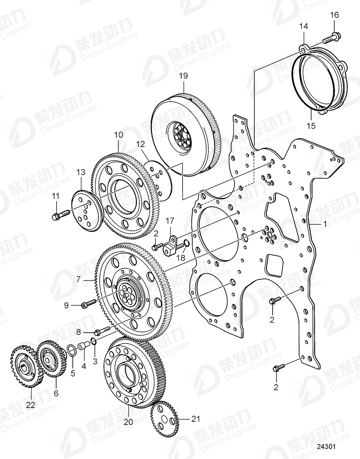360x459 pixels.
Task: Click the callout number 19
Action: [183, 76]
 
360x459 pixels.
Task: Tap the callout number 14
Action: [303, 26]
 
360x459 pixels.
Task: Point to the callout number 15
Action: [310, 125]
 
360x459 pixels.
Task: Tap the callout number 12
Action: [140, 144]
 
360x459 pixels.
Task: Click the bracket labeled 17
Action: [170, 246]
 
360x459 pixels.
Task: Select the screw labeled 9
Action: [89, 303]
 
